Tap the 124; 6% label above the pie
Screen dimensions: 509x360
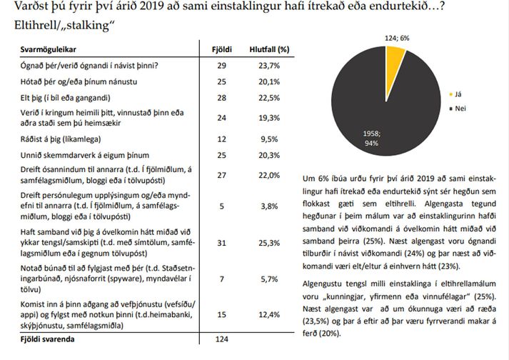coord(397,38)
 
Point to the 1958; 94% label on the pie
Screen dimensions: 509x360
coord(372,139)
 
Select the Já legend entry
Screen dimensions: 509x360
coord(455,94)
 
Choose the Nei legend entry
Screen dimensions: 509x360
coord(458,109)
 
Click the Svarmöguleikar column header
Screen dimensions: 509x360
coord(48,50)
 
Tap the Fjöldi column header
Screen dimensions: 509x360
coord(222,50)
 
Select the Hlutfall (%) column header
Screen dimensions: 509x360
coord(269,50)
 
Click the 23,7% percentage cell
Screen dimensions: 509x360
coord(269,66)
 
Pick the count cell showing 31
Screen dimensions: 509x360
coord(222,243)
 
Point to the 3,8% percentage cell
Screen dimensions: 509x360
coord(269,206)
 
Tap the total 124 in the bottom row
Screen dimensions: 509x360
coord(222,339)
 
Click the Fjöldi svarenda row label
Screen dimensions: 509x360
coord(47,339)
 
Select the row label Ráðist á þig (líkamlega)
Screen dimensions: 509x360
coord(61,139)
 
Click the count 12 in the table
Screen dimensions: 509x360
coord(222,139)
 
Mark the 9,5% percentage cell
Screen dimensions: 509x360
coord(269,139)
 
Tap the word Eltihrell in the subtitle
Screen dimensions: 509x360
coord(36,25)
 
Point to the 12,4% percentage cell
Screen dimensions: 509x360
coord(269,314)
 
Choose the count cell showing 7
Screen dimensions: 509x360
coord(222,279)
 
